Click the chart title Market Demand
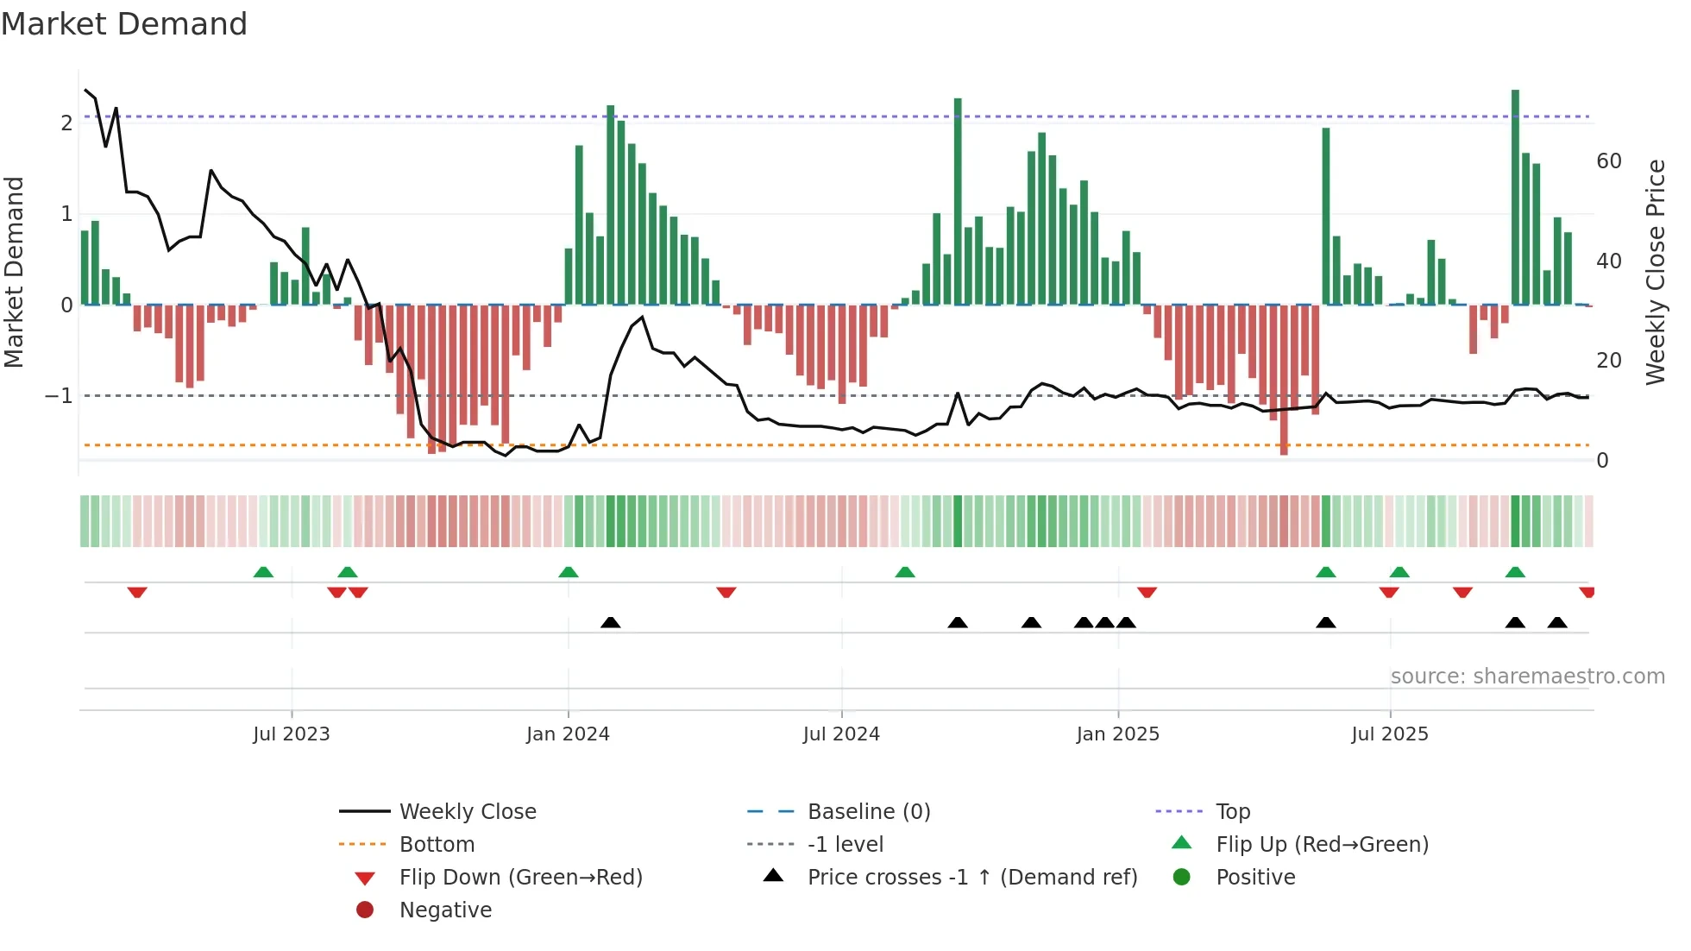[124, 24]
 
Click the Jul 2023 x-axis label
[291, 734]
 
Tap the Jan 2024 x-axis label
[568, 734]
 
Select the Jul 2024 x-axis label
[841, 734]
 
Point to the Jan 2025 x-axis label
[1118, 734]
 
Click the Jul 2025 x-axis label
[1390, 734]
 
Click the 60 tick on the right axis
[1609, 161]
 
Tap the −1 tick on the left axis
[59, 396]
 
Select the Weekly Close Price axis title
[1656, 272]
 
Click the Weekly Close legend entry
[467, 812]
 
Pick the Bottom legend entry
[437, 845]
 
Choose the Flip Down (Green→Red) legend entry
[520, 878]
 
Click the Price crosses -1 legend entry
[972, 878]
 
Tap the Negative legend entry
[445, 910]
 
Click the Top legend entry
[1233, 812]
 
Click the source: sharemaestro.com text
[1527, 677]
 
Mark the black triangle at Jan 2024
[610, 622]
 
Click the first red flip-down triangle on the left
[137, 592]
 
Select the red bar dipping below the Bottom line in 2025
[1284, 380]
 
